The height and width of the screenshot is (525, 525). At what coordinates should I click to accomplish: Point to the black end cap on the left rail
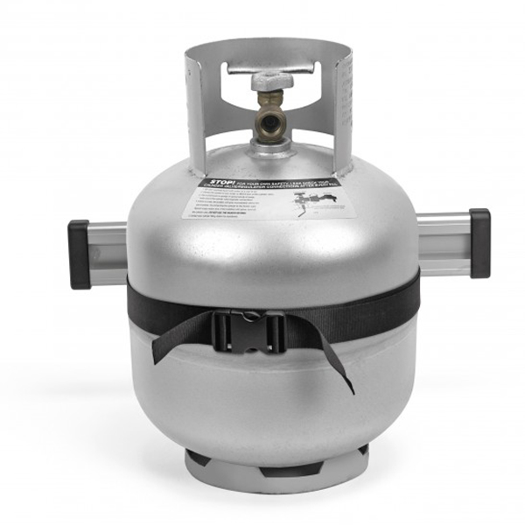[x=80, y=254]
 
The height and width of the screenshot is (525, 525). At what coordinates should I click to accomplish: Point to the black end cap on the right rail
[x=479, y=243]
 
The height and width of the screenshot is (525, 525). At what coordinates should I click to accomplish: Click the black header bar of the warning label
[x=262, y=183]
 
